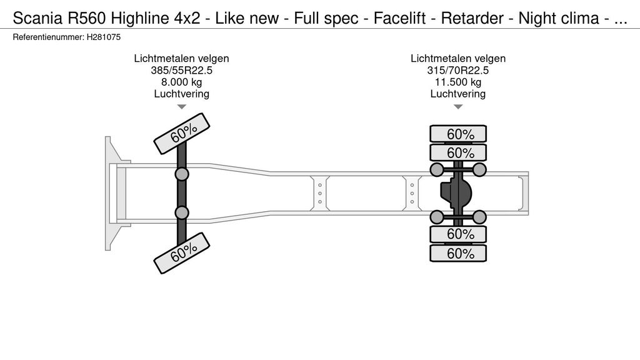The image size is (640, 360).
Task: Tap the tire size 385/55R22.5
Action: pos(181,70)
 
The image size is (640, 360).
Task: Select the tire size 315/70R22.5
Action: pos(457,70)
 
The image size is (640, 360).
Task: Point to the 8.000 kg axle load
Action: pos(181,82)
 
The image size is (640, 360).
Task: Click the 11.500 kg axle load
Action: pos(457,82)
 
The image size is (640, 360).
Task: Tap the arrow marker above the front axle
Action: pos(181,107)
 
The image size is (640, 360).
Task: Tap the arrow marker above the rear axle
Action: pos(457,107)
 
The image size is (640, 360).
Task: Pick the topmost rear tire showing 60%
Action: pos(457,134)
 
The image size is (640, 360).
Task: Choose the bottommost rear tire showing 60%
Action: pos(457,253)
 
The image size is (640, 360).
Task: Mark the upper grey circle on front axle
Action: pos(182,174)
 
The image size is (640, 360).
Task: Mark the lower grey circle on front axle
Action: pos(182,213)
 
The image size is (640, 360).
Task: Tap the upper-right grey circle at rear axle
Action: pos(479,170)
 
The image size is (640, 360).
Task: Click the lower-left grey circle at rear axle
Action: pos(437,217)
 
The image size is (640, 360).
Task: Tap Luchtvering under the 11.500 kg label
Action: pos(457,94)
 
